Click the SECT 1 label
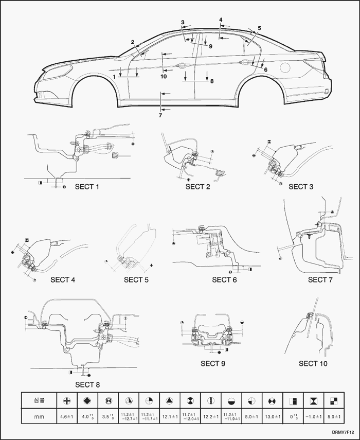[86, 186]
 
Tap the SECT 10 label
[315, 363]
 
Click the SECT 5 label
[140, 279]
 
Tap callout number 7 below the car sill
[160, 115]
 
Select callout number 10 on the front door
[164, 77]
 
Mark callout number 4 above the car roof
[221, 20]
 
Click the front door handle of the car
[181, 66]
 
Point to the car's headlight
[60, 70]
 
